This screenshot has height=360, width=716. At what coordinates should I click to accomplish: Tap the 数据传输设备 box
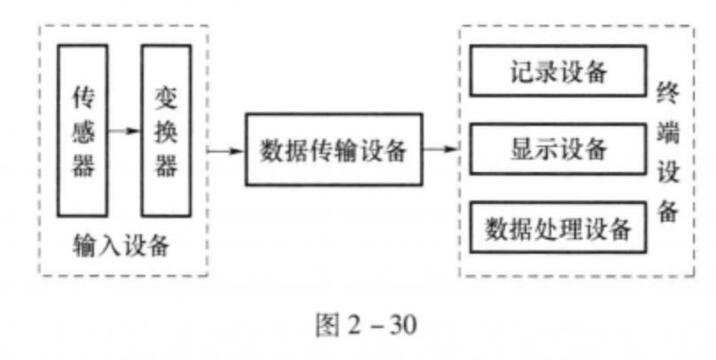click(x=333, y=150)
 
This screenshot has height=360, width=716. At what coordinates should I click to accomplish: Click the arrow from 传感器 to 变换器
click(x=125, y=130)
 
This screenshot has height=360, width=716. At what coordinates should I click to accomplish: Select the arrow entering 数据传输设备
click(x=226, y=150)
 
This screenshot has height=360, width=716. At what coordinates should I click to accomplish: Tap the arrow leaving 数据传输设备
click(x=440, y=150)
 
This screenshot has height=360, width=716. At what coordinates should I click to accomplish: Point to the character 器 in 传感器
click(x=82, y=166)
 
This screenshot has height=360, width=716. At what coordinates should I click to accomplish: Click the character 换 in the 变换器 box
click(x=167, y=130)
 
